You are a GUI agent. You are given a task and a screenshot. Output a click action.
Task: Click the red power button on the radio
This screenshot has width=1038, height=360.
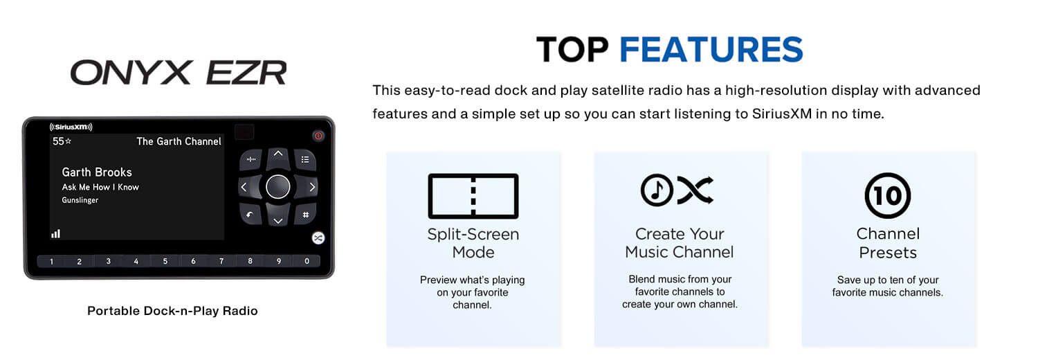[318, 136]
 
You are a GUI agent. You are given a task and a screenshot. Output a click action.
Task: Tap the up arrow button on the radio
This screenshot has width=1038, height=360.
[278, 156]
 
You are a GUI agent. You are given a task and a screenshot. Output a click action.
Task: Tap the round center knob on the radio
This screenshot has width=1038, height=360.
[278, 187]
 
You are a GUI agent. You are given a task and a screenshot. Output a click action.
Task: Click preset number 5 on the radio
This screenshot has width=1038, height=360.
[165, 261]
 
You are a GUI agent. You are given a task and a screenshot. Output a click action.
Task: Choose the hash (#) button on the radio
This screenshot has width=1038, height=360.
[305, 215]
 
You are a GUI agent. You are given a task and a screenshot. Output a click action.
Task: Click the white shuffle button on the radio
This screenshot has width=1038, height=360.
[318, 238]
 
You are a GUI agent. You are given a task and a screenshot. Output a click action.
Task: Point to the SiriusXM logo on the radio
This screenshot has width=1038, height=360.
[71, 127]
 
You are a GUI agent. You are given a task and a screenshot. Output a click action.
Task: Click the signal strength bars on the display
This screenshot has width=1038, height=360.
[55, 233]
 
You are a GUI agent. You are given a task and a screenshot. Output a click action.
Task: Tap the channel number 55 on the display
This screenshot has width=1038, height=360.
[58, 141]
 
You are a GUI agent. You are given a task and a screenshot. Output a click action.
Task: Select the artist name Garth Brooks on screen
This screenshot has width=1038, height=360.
[97, 172]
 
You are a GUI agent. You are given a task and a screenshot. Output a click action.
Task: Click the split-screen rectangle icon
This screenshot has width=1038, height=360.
[473, 196]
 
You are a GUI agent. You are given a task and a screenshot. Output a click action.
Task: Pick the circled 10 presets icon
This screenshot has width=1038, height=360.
[887, 195]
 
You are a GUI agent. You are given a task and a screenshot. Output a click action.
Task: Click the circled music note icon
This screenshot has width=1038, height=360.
[657, 190]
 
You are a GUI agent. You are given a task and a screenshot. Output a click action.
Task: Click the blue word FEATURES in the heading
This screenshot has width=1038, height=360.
[711, 50]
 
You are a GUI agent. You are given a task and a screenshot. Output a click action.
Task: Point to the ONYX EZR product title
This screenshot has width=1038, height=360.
[179, 73]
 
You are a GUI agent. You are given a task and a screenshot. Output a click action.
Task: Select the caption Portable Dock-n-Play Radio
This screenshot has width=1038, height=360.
[172, 311]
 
